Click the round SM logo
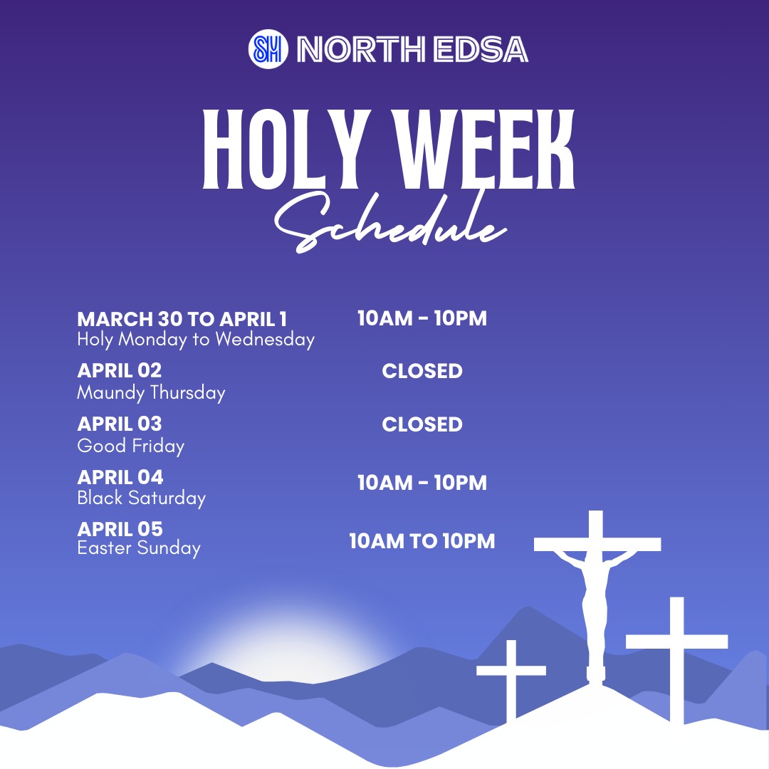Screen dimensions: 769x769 point(268,49)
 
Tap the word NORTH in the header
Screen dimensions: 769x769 point(361,50)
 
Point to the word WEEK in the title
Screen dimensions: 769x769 point(485,149)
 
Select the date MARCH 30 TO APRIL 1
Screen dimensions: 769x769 point(182,319)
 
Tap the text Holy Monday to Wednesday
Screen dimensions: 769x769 point(196,340)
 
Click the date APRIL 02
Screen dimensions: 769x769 point(119,371)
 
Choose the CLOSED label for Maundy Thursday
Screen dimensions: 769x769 point(422,371)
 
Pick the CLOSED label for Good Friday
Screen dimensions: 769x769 point(422,424)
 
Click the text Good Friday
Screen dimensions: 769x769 point(130,446)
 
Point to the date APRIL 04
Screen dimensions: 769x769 point(120,477)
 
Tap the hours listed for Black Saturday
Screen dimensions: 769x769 point(422,483)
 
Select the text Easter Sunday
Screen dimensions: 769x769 point(139,548)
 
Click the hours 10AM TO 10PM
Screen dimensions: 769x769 point(422,541)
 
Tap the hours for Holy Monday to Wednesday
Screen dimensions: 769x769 point(422,318)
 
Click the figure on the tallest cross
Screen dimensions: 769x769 point(595,608)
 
